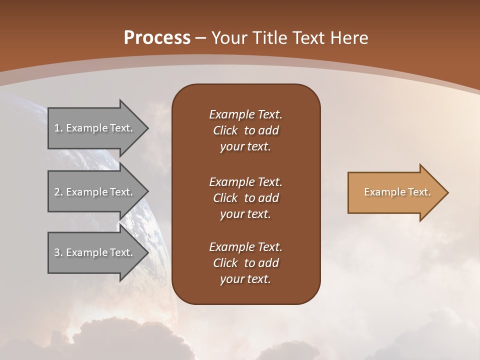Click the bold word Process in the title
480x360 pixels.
[x=157, y=38]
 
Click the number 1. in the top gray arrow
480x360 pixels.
[x=58, y=128]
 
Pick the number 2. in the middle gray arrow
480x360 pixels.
[x=58, y=192]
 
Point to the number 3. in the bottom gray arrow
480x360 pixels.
[x=58, y=252]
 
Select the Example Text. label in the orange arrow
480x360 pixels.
[x=397, y=192]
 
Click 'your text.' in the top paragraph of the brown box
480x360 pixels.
[x=245, y=147]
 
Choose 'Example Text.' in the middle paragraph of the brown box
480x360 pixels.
[x=245, y=182]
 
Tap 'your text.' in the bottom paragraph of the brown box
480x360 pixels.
[x=245, y=279]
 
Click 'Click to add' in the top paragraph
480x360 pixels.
[x=245, y=130]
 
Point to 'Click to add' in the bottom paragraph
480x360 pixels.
[x=245, y=263]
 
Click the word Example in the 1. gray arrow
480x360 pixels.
[x=86, y=128]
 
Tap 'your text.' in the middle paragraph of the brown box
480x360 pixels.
[x=245, y=214]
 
